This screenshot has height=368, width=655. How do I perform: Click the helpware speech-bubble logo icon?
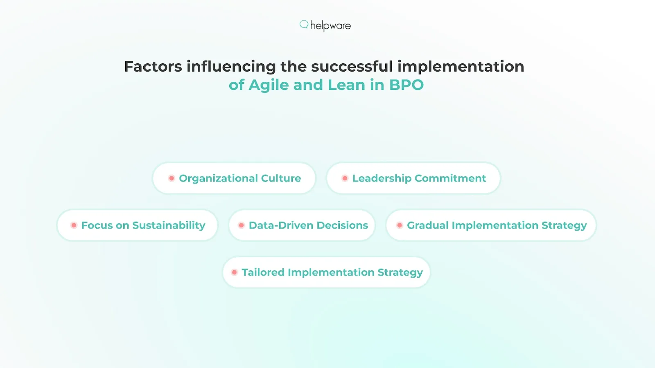point(304,25)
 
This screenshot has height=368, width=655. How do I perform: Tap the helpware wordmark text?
point(330,26)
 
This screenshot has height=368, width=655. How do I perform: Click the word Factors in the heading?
point(153,66)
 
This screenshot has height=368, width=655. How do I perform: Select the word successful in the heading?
point(352,66)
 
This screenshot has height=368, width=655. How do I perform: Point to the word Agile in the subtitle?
point(269,85)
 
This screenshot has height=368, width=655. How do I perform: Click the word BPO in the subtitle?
point(406,85)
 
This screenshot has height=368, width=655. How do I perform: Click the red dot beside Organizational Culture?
point(172,178)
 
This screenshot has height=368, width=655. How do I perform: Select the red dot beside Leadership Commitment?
point(345,178)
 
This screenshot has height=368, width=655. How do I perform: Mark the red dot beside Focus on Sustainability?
point(74,225)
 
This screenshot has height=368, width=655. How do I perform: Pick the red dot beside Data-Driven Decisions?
point(241,225)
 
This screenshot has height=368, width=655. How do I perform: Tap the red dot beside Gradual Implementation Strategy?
point(400,225)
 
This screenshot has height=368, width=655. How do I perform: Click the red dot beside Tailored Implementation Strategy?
point(234,272)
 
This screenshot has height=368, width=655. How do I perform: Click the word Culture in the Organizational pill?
point(281,178)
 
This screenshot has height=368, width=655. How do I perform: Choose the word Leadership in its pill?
point(382,178)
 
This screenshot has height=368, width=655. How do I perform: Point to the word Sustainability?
point(169,225)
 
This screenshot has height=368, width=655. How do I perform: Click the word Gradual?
point(427,225)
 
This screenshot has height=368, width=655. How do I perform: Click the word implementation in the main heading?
point(461,66)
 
